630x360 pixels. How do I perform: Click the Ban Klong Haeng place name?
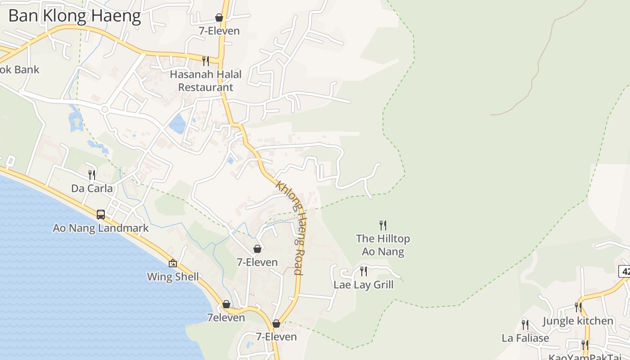[75, 16]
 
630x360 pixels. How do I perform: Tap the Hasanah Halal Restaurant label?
[206, 81]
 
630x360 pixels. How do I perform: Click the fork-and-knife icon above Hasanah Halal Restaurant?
[206, 60]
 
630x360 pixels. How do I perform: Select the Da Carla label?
[92, 188]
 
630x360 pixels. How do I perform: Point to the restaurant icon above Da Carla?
[92, 175]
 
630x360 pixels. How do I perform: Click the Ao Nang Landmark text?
[101, 228]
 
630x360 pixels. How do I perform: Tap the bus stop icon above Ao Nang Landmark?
[101, 214]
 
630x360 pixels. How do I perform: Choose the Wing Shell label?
[173, 276]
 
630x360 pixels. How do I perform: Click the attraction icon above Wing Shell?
[173, 263]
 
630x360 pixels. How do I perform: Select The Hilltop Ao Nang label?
[383, 245]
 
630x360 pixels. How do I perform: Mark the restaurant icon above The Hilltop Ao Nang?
[383, 225]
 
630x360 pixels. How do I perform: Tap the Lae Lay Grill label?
[364, 284]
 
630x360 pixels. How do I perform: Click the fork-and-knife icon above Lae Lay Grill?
[364, 271]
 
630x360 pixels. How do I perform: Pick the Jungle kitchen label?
[578, 321]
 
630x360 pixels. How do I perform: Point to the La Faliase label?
[526, 337]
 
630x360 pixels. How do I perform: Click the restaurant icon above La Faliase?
[525, 324]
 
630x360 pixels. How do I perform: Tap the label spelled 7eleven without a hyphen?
[226, 317]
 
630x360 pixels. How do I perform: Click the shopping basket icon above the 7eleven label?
[226, 304]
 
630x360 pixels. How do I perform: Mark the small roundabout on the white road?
[105, 109]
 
